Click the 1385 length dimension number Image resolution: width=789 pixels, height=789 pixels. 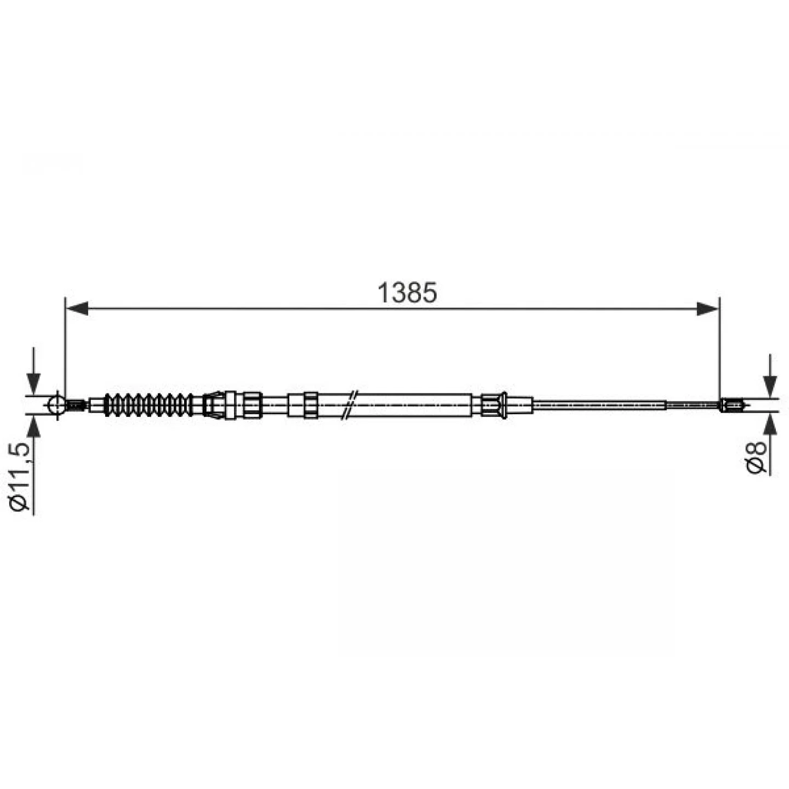click(407, 293)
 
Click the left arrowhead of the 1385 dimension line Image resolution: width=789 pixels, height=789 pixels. click(77, 308)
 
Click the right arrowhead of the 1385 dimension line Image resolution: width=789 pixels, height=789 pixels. click(707, 308)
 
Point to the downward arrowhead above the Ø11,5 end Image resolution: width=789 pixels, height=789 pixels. click(33, 384)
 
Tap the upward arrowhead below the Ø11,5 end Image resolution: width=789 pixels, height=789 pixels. click(33, 426)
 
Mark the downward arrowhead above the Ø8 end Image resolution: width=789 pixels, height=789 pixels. click(770, 386)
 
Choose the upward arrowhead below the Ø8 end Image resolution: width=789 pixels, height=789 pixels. click(770, 424)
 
